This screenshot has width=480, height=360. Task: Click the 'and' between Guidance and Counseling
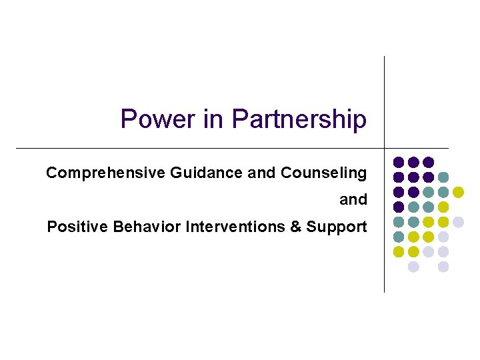261,173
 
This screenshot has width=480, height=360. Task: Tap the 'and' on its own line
353,199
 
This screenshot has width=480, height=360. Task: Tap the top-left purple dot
399,162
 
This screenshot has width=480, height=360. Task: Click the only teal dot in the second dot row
443,177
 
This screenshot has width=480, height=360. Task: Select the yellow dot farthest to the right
458,192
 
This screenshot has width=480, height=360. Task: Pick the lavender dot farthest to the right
458,222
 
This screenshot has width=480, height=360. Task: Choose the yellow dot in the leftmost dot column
399,252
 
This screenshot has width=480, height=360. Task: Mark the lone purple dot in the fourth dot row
399,207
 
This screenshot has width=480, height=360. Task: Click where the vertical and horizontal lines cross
385,147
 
